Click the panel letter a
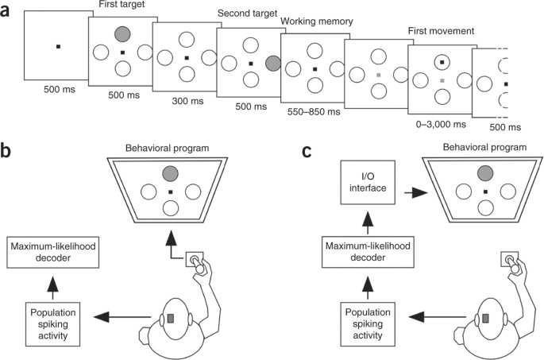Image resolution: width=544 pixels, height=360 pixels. pyautogui.click(x=5, y=11)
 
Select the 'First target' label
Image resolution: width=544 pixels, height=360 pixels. pyautogui.click(x=122, y=5)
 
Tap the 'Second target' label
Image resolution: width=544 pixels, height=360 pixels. pyautogui.click(x=247, y=14)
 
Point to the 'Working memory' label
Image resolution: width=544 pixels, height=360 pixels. pyautogui.click(x=316, y=21)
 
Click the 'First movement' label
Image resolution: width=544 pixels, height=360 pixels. pyautogui.click(x=441, y=31)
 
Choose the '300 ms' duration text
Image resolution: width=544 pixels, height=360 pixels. pyautogui.click(x=187, y=101)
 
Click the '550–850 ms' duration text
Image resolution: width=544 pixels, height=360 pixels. pyautogui.click(x=314, y=112)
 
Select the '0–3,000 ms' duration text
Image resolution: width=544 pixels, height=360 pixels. pyautogui.click(x=441, y=124)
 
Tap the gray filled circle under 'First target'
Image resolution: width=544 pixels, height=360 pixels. pyautogui.click(x=122, y=34)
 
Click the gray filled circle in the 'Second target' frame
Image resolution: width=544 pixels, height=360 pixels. pyautogui.click(x=273, y=64)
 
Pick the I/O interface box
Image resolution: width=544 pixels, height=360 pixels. pyautogui.click(x=368, y=182)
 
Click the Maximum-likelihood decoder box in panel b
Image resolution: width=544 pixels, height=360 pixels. pyautogui.click(x=53, y=253)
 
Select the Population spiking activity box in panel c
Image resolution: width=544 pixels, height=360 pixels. pyautogui.click(x=368, y=323)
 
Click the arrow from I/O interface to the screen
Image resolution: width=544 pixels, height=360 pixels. pyautogui.click(x=415, y=192)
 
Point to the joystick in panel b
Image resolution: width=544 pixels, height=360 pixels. pyautogui.click(x=195, y=260)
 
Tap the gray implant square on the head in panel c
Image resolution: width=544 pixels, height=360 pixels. pyautogui.click(x=485, y=318)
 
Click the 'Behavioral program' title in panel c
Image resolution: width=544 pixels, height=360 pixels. pyautogui.click(x=484, y=147)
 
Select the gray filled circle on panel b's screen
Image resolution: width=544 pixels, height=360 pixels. pyautogui.click(x=170, y=173)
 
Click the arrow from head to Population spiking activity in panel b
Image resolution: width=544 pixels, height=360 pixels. pyautogui.click(x=122, y=317)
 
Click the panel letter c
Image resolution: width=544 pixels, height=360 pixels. pyautogui.click(x=307, y=152)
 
